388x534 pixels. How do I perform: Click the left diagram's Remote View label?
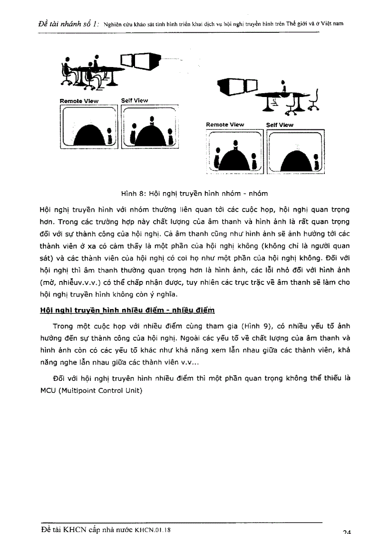(x=79, y=101)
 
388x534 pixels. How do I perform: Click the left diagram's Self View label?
(x=134, y=101)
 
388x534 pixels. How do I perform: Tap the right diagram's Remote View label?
(x=224, y=125)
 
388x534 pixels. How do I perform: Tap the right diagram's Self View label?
(x=280, y=125)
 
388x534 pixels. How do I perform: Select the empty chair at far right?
(x=314, y=101)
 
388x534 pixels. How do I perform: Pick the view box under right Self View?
(x=295, y=152)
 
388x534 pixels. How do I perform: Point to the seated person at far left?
(x=68, y=71)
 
